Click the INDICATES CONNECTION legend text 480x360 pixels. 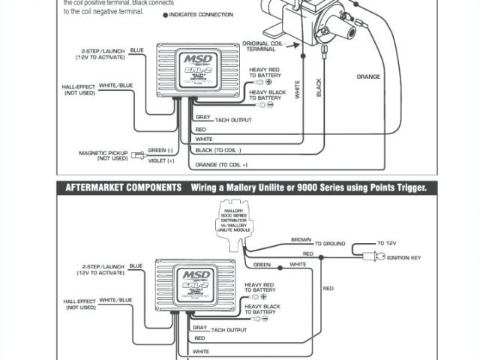pyautogui.click(x=200, y=15)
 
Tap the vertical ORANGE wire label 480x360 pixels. pyautogui.click(x=367, y=76)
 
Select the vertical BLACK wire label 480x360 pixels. pyautogui.click(x=319, y=88)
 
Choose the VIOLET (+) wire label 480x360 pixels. pyautogui.click(x=161, y=160)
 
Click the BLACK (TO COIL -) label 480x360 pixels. pyautogui.click(x=223, y=151)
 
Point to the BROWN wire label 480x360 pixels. pyautogui.click(x=301, y=241)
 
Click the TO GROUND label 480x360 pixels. pyautogui.click(x=330, y=244)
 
